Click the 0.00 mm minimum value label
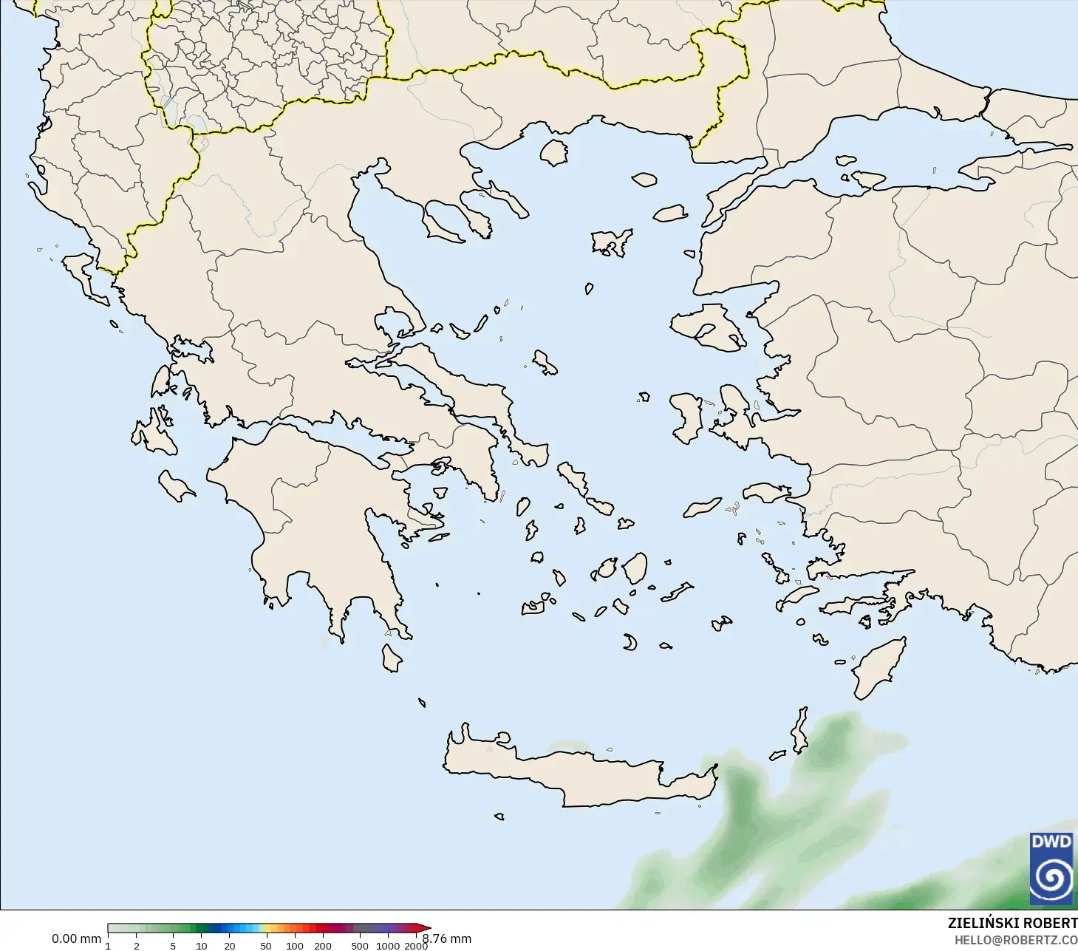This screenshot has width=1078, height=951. [x=76, y=938]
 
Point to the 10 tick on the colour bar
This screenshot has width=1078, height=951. [x=201, y=945]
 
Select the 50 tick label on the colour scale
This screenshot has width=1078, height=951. [x=266, y=945]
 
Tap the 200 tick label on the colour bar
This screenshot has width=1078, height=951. [x=323, y=945]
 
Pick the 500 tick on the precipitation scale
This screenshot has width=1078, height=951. [x=360, y=945]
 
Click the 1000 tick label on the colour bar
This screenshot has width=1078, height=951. [x=388, y=945]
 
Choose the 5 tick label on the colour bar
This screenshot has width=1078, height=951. [x=173, y=945]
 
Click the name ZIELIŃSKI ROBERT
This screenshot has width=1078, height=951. [x=1012, y=923]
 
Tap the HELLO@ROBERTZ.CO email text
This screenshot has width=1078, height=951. [x=1016, y=940]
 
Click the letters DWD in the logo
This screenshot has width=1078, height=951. [x=1051, y=842]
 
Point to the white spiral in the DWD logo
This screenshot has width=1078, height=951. [x=1051, y=877]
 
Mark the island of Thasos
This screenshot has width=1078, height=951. [x=554, y=152]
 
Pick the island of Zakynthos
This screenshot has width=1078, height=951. [x=176, y=485]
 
